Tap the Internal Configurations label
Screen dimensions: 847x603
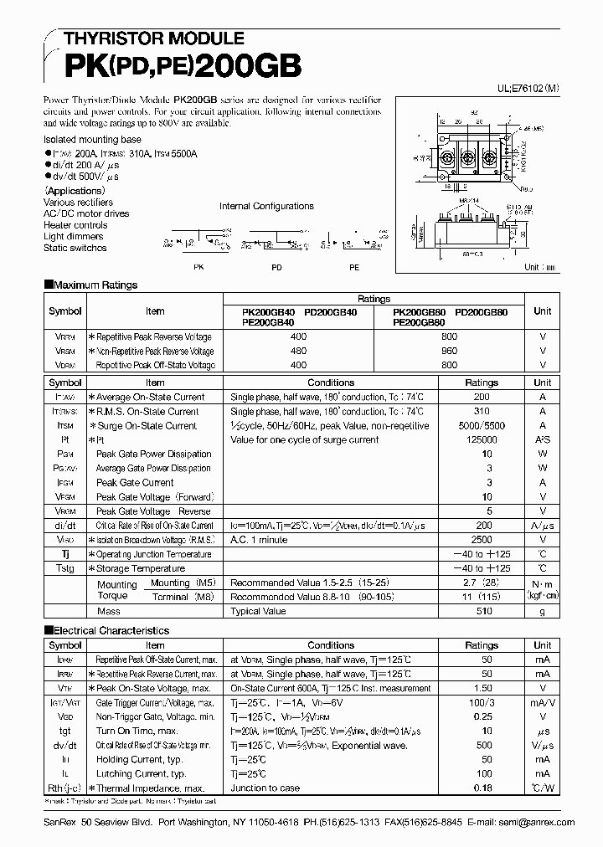tap(266, 206)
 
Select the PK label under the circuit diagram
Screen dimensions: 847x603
tap(198, 267)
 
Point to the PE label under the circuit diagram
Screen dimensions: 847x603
tap(354, 267)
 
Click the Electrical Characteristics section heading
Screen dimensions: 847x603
tap(106, 630)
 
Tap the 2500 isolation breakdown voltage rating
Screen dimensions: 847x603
tap(481, 540)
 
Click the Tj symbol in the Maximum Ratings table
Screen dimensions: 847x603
tap(65, 554)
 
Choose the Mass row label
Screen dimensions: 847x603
tap(108, 612)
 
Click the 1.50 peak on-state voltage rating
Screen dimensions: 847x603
tap(481, 688)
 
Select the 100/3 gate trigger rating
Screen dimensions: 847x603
tap(481, 703)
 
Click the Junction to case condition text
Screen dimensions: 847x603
tap(265, 788)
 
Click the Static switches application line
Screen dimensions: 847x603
tap(75, 248)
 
